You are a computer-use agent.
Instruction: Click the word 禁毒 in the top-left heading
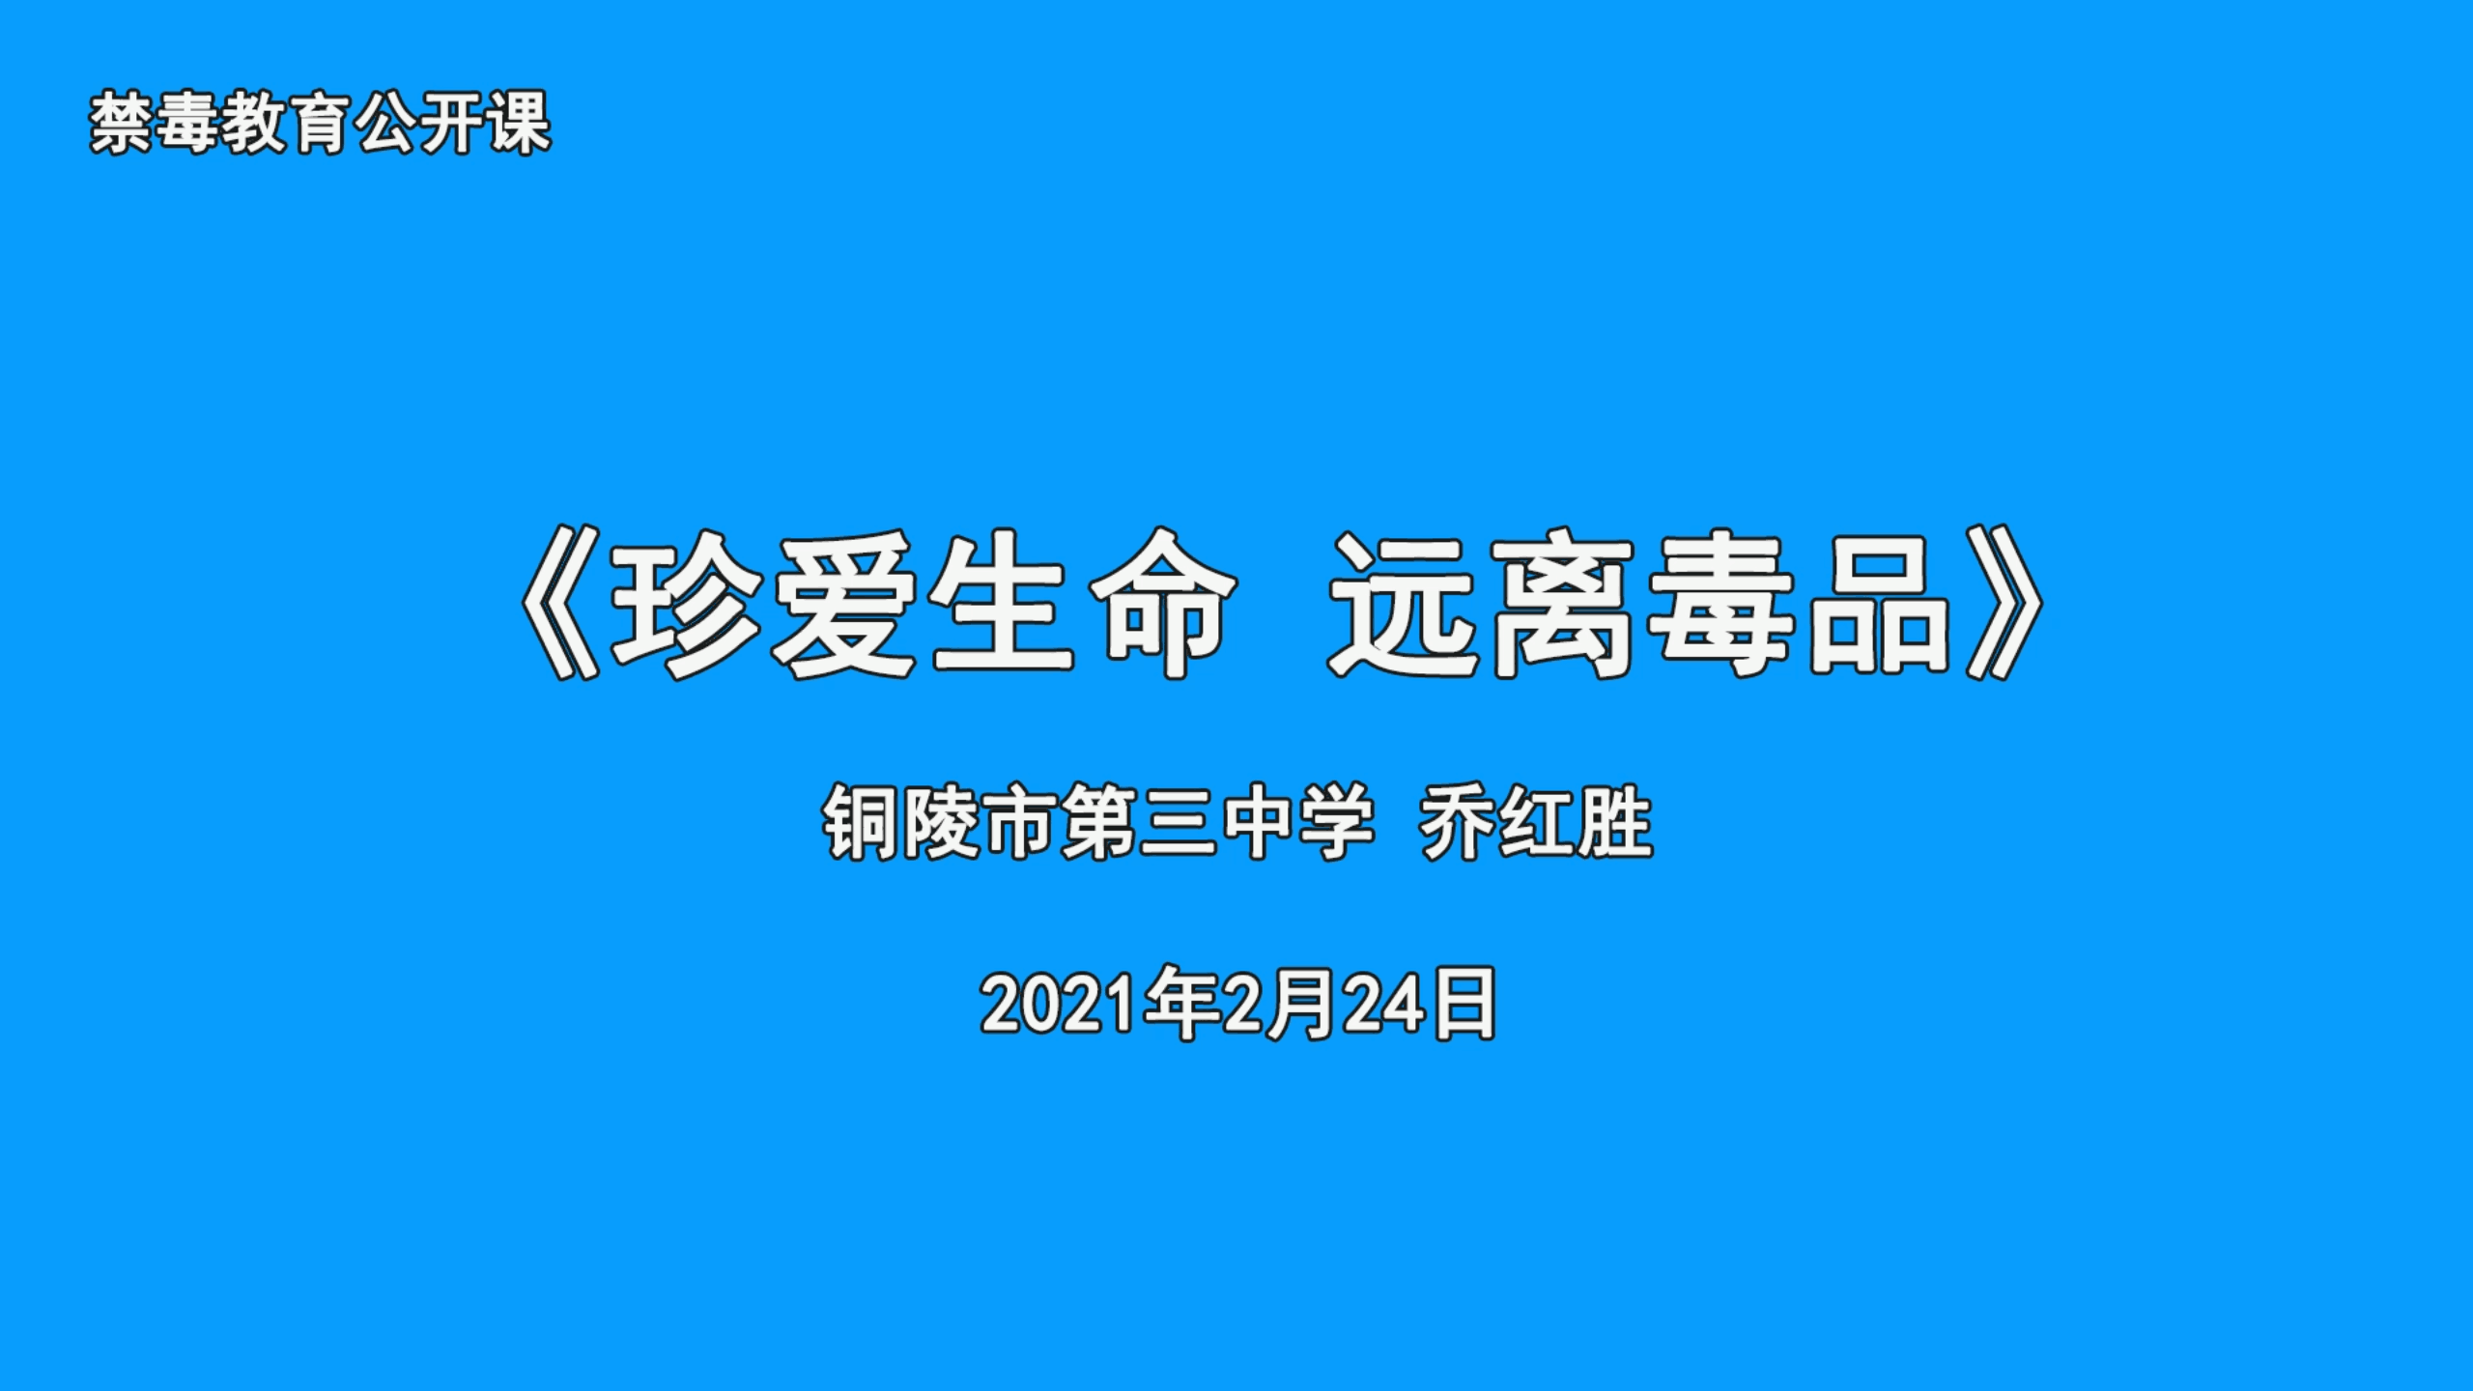156,123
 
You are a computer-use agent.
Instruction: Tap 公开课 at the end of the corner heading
452,123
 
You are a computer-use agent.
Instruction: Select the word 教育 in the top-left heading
288,123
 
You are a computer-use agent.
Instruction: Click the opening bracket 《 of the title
559,603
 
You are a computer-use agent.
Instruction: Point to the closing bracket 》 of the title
2005,603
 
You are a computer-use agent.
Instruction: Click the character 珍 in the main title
687,603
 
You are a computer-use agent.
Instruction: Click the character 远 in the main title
1406,603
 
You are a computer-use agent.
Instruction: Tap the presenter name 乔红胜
1536,824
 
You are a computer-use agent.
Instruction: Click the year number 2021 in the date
1059,1005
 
